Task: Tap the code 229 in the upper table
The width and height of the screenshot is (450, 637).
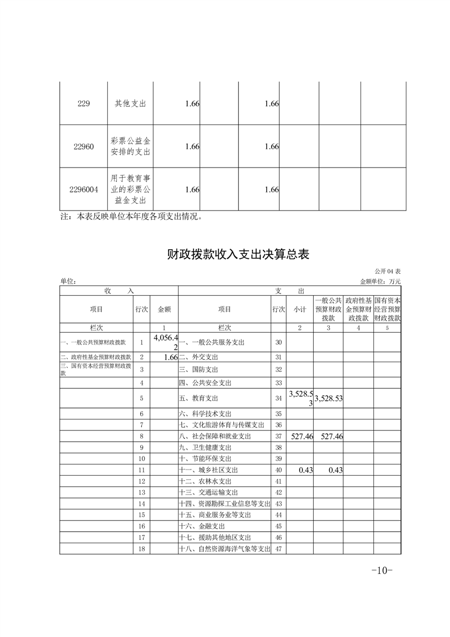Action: coord(83,104)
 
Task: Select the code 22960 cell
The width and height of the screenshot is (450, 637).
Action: coord(83,146)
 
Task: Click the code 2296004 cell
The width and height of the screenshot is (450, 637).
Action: coord(83,190)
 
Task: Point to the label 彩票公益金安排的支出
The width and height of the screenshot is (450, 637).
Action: coord(131,146)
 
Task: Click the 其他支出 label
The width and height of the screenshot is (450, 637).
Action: coord(131,104)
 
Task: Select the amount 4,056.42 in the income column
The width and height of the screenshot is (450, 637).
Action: coord(166,342)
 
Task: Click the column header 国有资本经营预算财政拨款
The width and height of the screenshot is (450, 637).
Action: coord(388,309)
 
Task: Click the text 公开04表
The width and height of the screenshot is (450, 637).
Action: coord(388,271)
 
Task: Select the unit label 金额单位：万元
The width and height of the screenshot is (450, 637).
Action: coord(380,281)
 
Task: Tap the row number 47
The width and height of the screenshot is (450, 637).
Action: coord(278,549)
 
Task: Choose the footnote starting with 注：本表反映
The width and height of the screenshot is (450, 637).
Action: coord(131,216)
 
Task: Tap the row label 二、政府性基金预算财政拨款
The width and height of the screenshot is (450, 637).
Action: coord(96,357)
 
